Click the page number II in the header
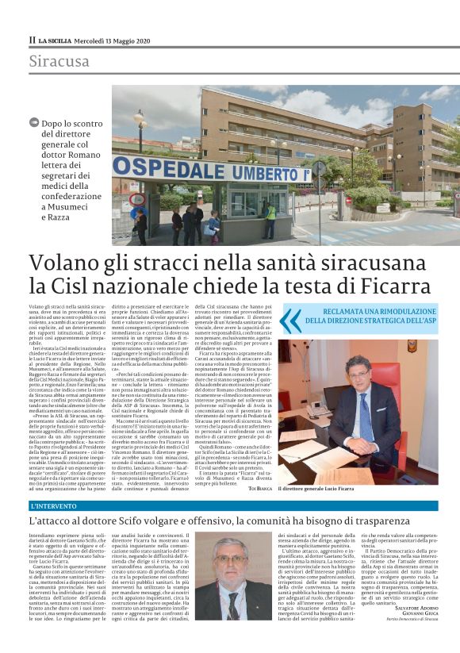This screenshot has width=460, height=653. pos(32,39)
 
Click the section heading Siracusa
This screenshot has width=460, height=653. pos(59,61)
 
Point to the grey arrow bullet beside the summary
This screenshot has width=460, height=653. pos(33,122)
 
